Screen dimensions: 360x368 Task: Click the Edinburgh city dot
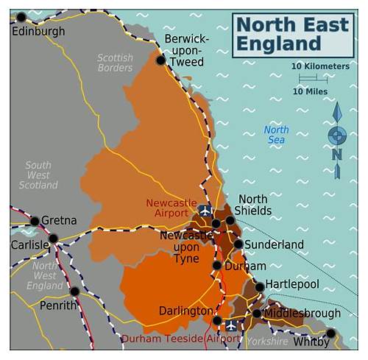point(21,17)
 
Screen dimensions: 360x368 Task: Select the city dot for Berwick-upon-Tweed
point(160,60)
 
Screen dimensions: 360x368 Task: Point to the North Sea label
point(277,135)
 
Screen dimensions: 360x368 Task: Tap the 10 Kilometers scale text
point(320,66)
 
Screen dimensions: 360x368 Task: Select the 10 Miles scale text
point(310,91)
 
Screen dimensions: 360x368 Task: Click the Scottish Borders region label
point(116,63)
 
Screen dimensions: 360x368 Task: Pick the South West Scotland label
point(38,175)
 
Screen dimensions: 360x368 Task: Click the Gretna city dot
point(35,221)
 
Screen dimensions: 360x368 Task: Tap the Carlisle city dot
point(53,239)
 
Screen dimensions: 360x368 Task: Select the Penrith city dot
point(74,291)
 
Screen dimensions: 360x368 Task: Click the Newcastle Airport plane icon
point(205,211)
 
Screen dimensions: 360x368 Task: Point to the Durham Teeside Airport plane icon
point(232,325)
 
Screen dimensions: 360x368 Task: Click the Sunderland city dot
point(238,244)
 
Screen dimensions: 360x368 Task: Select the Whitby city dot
point(330,333)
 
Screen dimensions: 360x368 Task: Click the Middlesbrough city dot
point(256,314)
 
